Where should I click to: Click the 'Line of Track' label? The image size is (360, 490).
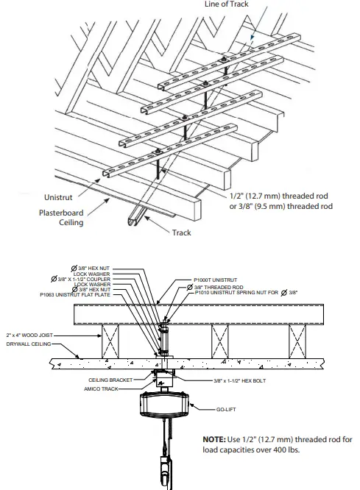click(227, 4)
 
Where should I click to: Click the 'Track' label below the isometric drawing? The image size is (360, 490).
click(181, 232)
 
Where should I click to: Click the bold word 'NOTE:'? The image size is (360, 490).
click(218, 439)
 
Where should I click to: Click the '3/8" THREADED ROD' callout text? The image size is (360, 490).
click(217, 286)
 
